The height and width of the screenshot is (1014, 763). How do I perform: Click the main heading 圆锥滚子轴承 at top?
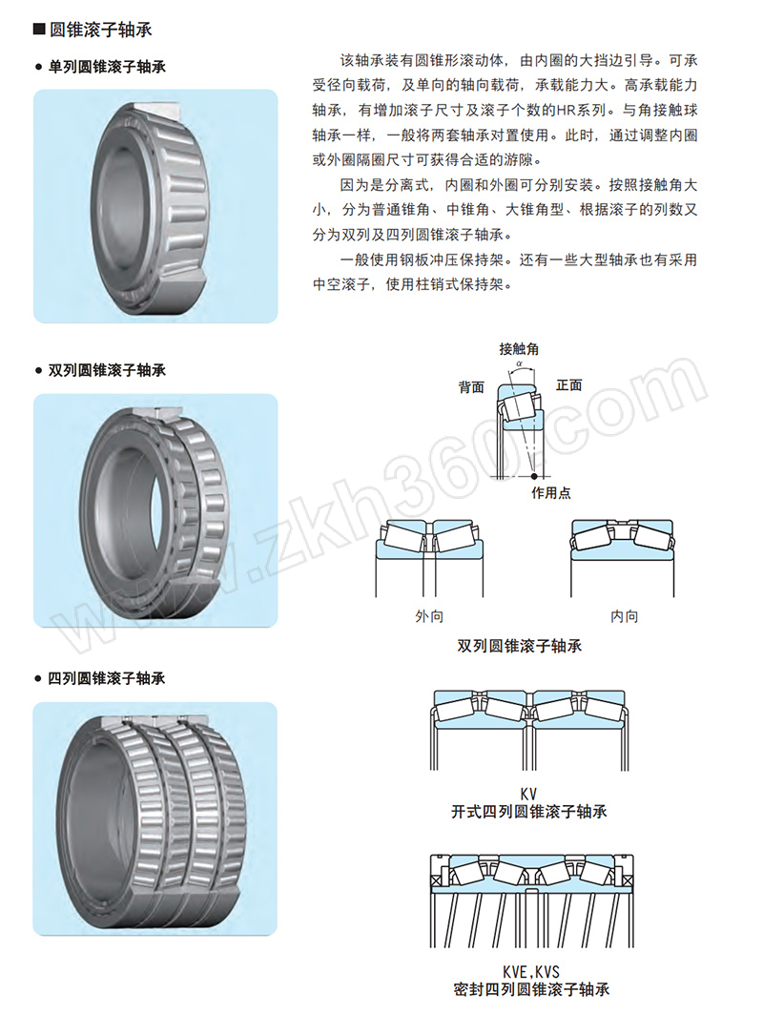[x=101, y=30]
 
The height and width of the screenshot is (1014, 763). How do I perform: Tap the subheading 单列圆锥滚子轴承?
[x=108, y=67]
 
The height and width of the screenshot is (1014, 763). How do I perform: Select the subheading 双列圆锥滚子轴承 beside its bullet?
[x=108, y=370]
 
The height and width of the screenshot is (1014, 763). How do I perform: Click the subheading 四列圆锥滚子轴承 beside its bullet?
[x=107, y=678]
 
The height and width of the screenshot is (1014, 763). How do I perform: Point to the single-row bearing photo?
[x=155, y=206]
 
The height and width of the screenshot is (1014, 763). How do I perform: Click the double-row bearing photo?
[x=155, y=510]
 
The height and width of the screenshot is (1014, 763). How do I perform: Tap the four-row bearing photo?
[x=155, y=818]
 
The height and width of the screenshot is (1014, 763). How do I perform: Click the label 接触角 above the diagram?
[x=519, y=349]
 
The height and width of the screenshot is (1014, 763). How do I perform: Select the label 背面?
[x=471, y=387]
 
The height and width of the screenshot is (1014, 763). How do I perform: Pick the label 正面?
[x=569, y=385]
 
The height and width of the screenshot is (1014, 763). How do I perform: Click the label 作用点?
[x=551, y=493]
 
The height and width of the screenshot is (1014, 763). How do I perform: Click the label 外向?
[x=429, y=616]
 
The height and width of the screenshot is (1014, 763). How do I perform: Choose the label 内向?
[x=624, y=616]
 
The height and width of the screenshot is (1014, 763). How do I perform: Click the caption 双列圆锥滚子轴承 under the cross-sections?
[x=519, y=646]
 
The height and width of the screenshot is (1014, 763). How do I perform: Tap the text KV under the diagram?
[x=528, y=795]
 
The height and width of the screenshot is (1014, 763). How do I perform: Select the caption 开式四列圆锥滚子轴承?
[x=529, y=812]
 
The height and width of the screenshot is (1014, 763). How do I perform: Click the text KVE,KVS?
[x=531, y=972]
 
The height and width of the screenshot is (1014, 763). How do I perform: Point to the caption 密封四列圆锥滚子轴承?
[x=531, y=989]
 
